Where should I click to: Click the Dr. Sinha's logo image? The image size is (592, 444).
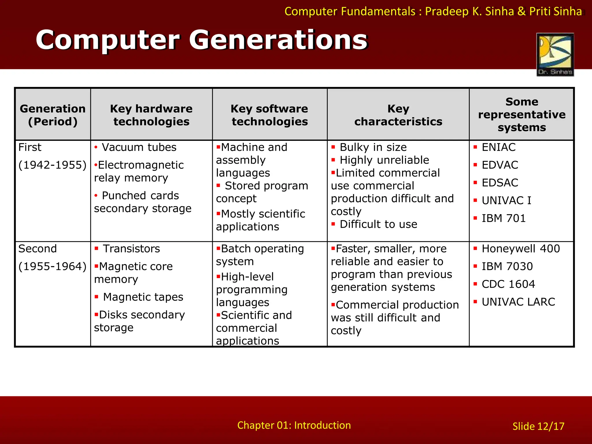[x=555, y=54]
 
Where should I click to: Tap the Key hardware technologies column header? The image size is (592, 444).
[x=151, y=115]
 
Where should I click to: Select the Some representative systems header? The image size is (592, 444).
[x=521, y=114]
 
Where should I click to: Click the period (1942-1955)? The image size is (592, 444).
[x=52, y=165]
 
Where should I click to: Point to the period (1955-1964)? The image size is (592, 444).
[x=52, y=266]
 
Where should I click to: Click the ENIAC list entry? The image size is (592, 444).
[x=498, y=147]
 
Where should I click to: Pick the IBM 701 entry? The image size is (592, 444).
[x=503, y=218]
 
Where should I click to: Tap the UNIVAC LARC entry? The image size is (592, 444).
[x=518, y=302]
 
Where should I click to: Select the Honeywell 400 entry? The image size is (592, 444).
[x=521, y=249]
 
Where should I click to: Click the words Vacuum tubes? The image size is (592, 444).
[x=139, y=147]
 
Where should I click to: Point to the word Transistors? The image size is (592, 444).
[x=131, y=249]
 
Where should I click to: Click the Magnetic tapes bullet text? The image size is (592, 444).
[x=143, y=297]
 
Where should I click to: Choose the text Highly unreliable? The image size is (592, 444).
[x=384, y=160]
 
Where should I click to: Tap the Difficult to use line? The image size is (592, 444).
[x=378, y=224]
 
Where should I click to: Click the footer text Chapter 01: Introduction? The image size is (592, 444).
[x=294, y=425]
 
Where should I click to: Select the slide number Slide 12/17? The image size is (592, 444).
[x=538, y=426]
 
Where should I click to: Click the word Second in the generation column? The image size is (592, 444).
[x=38, y=249]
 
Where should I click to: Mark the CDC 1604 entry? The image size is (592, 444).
[x=508, y=284]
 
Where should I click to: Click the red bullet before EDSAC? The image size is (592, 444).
[x=475, y=183]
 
